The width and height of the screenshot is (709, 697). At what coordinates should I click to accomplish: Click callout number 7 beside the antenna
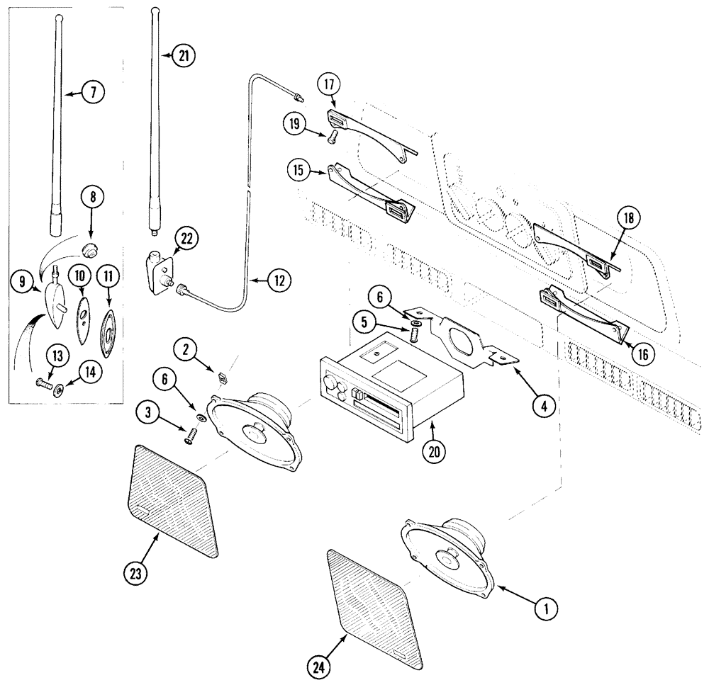(x=92, y=91)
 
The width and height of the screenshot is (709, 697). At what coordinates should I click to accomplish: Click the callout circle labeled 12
(x=278, y=281)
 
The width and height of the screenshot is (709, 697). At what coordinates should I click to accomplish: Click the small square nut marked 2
(x=220, y=376)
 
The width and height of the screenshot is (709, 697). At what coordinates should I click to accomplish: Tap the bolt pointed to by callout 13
(x=44, y=386)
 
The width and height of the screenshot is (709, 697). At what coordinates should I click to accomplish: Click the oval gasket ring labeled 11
(x=108, y=331)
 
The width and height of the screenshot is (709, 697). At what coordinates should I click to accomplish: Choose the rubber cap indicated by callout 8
(x=89, y=250)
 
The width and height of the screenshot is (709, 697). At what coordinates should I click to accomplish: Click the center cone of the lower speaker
(x=448, y=557)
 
